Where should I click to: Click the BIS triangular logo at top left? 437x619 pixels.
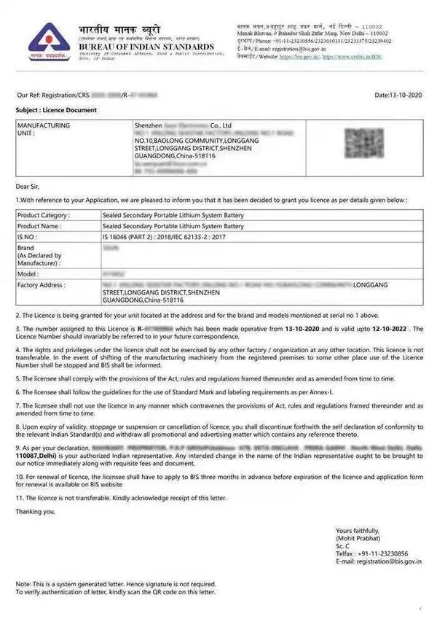coord(47,40)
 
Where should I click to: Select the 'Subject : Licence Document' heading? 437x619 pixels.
coord(56,110)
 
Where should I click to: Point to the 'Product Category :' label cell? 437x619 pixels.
coord(44,215)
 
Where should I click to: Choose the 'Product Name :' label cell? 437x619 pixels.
coord(41,226)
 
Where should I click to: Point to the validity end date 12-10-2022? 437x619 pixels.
coord(387,330)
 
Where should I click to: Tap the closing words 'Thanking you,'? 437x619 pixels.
coord(36,511)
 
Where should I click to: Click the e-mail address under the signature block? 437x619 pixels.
coord(378,561)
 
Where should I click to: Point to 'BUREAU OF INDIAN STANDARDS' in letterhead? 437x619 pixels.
coord(147,47)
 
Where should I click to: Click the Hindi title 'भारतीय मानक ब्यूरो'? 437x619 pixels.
coord(122,31)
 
